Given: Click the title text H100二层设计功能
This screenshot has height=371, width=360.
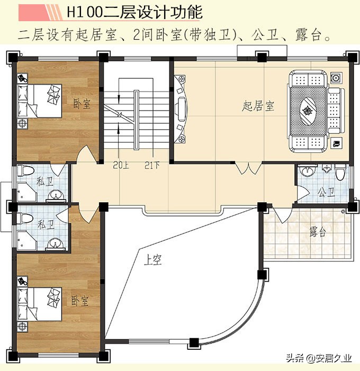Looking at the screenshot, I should tap(134, 12).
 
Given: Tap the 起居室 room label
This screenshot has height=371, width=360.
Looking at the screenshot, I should tap(258, 106).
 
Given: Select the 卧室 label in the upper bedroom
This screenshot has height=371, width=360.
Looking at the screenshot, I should tap(82, 103).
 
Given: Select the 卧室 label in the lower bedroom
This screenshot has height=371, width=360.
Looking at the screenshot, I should tap(80, 301).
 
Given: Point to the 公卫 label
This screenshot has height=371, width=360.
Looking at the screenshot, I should tap(326, 192).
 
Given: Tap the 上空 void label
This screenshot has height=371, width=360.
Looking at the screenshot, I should tap(154, 260).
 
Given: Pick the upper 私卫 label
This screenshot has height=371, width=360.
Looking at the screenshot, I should tap(44, 181).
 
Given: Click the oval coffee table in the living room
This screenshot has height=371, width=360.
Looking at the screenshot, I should tap(308, 110).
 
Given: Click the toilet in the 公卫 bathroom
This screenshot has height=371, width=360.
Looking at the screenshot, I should tap(340, 173).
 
